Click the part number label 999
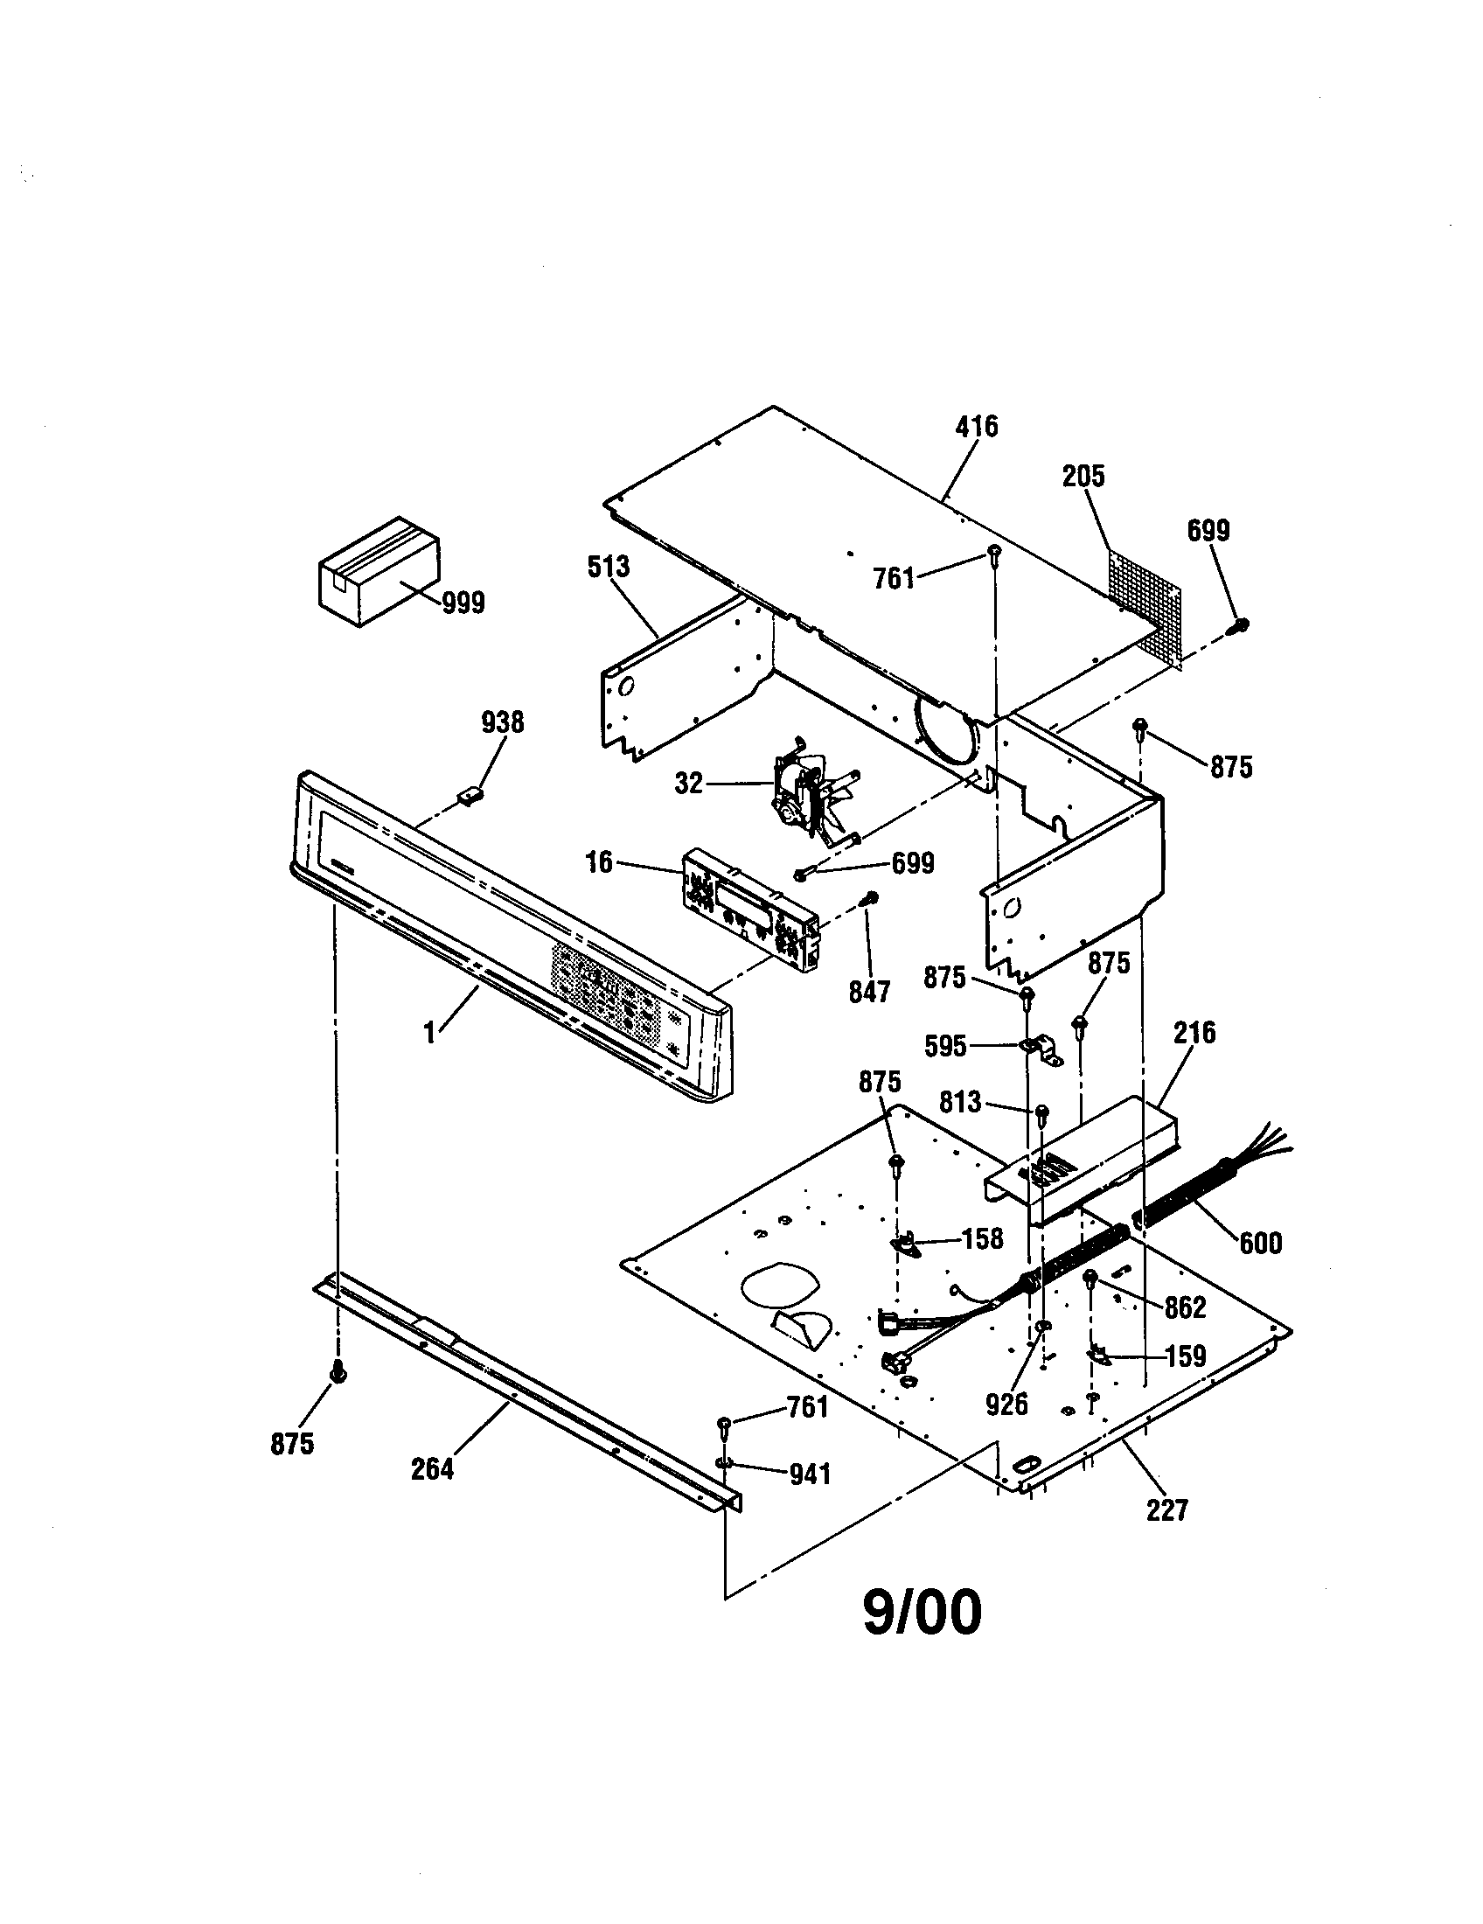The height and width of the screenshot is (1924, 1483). click(x=463, y=603)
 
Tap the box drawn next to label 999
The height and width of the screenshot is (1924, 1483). click(x=377, y=571)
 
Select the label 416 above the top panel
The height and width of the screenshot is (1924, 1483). click(x=977, y=427)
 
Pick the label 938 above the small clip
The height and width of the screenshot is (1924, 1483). click(x=502, y=722)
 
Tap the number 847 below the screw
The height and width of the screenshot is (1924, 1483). click(x=869, y=992)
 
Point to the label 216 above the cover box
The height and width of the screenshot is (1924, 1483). click(x=1194, y=1032)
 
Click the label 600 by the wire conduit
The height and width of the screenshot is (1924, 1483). click(x=1260, y=1243)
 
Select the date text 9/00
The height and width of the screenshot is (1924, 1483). click(x=921, y=1613)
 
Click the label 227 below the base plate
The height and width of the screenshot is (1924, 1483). click(x=1166, y=1510)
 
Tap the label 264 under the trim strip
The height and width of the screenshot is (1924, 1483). click(x=432, y=1469)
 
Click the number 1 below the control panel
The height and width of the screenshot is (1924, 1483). click(x=429, y=1033)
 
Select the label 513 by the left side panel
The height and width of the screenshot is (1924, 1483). click(x=609, y=567)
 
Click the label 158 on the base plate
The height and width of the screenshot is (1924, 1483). click(x=982, y=1238)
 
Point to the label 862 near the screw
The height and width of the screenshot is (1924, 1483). click(x=1185, y=1307)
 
